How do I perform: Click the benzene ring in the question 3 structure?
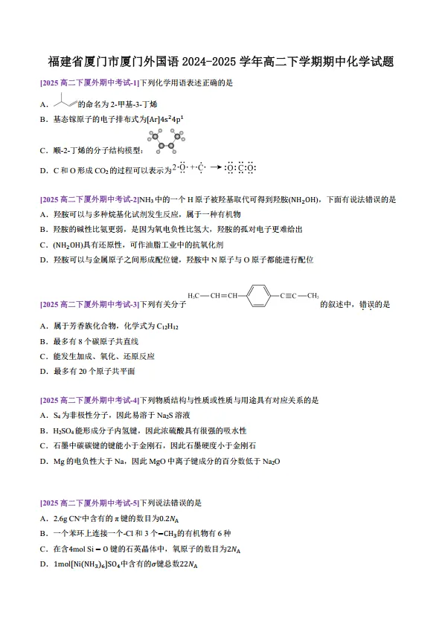[x=257, y=295]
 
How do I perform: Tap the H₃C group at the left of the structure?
[x=194, y=295]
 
